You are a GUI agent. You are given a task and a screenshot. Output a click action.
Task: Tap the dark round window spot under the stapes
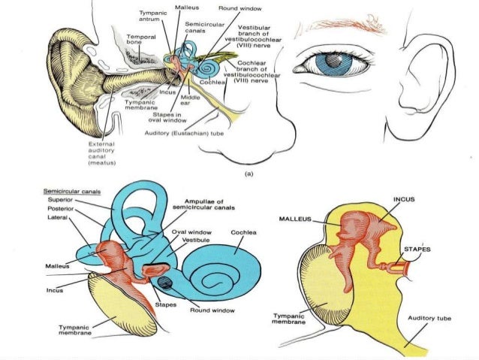pos(164,283)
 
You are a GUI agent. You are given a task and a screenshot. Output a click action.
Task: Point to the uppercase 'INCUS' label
pos(406,199)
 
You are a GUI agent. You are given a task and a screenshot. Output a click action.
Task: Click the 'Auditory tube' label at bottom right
pos(428,319)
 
